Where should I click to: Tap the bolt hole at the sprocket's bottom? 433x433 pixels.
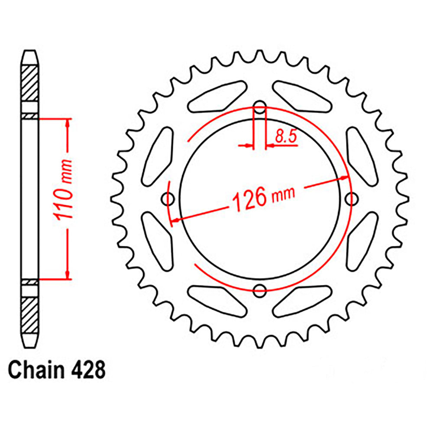coord(260,291)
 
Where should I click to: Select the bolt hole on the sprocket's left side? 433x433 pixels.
coord(168,199)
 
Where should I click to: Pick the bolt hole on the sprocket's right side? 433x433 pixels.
coord(353,199)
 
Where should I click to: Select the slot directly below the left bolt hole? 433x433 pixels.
coord(157,239)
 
